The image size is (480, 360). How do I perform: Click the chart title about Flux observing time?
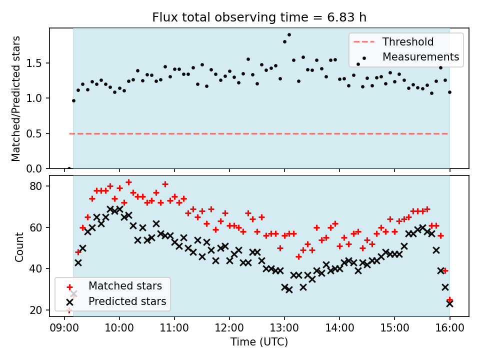pos(259,17)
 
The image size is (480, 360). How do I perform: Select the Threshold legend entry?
pos(408,42)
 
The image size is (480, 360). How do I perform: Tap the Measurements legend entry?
pos(420,56)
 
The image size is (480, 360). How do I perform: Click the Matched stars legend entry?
pos(125,286)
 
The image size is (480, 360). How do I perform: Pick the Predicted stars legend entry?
pos(127,301)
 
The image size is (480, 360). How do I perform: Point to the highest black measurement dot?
pos(289,35)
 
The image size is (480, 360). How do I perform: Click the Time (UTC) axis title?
pos(259,342)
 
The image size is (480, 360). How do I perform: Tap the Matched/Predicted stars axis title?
pos(16,98)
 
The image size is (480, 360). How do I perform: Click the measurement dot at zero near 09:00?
pos(69,168)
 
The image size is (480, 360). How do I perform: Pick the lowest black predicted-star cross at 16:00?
pos(449,303)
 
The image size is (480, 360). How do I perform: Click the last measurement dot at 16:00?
pos(449,92)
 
